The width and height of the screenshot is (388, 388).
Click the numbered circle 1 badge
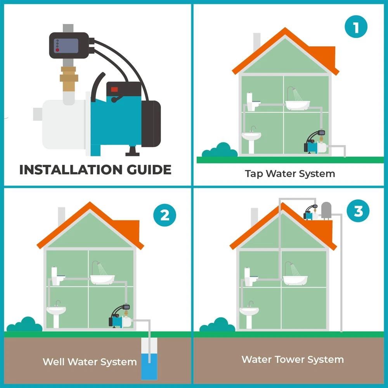pyautogui.click(x=356, y=27)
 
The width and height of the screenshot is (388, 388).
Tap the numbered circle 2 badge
pyautogui.click(x=165, y=215)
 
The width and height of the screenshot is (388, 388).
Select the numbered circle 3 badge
pyautogui.click(x=358, y=211)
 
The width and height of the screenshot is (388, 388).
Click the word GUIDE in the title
pyautogui.click(x=149, y=170)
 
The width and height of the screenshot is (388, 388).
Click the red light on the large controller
pyautogui.click(x=57, y=50)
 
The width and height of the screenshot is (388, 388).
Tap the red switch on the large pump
pyautogui.click(x=114, y=89)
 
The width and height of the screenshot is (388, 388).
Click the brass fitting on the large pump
pyautogui.click(x=69, y=78)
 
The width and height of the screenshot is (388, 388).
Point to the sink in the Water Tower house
pyautogui.click(x=249, y=315)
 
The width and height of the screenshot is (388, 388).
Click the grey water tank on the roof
pyautogui.click(x=326, y=211)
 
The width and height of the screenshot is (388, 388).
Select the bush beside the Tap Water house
pyautogui.click(x=220, y=150)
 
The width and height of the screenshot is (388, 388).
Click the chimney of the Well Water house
pyautogui.click(x=61, y=217)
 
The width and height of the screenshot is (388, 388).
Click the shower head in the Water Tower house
pyautogui.click(x=292, y=265)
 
